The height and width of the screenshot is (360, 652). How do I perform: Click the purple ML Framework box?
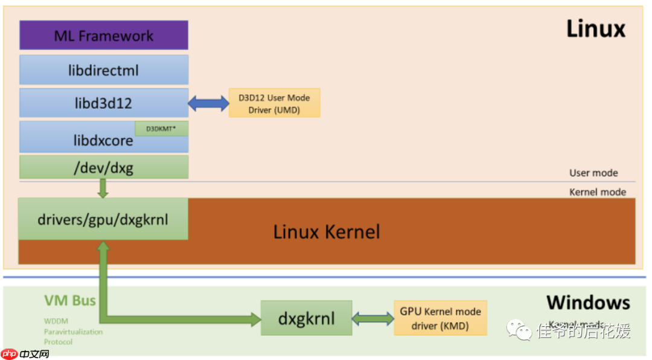[103, 35]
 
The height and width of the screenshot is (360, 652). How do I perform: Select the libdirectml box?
[103, 70]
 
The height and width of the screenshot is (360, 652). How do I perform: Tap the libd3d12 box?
[103, 103]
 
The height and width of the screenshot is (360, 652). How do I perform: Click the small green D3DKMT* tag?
[161, 129]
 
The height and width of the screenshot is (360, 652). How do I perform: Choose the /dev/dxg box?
[103, 167]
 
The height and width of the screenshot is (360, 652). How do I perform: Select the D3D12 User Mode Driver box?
[274, 103]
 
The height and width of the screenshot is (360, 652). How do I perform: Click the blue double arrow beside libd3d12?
[208, 103]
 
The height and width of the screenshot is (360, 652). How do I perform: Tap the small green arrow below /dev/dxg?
[103, 188]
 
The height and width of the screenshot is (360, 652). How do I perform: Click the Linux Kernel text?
[327, 231]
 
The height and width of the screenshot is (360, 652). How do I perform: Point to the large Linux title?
[595, 29]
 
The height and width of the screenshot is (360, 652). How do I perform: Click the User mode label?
[593, 173]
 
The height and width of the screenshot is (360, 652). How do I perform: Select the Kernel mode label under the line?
[598, 192]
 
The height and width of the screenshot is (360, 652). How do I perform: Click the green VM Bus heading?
[69, 300]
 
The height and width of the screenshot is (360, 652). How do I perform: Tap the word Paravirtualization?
[73, 332]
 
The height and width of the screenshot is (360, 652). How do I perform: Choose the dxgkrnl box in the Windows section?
[306, 318]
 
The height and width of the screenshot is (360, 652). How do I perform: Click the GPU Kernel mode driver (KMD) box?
[440, 318]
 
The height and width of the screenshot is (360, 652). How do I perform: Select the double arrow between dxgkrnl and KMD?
[373, 318]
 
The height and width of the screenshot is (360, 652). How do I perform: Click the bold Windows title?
[588, 302]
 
